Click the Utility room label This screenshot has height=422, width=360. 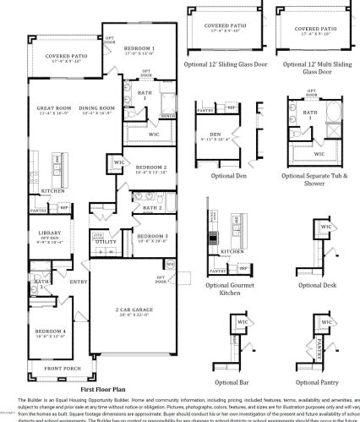click(106, 241)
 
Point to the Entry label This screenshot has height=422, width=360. click(79, 282)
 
